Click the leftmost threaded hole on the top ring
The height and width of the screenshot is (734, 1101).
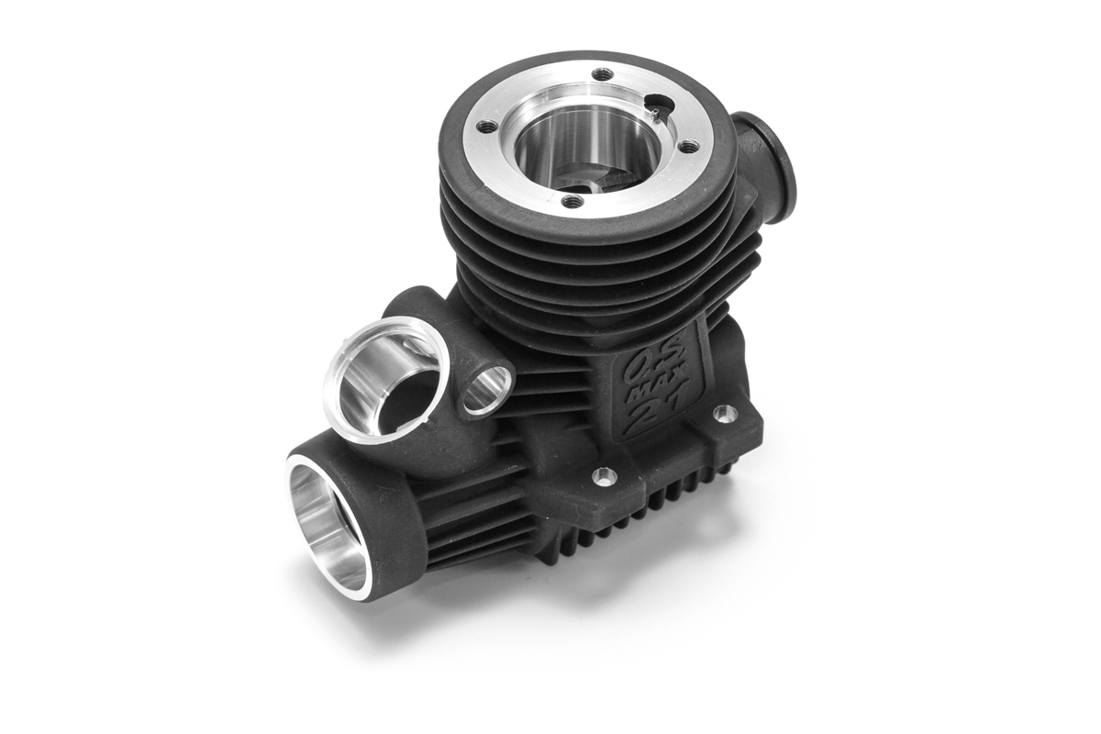(487, 128)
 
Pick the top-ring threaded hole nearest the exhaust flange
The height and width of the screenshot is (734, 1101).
(689, 146)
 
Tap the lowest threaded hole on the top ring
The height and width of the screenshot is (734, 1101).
(573, 200)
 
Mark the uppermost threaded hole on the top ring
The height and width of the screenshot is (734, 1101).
(602, 74)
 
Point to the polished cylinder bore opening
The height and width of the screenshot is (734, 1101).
(588, 148)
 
